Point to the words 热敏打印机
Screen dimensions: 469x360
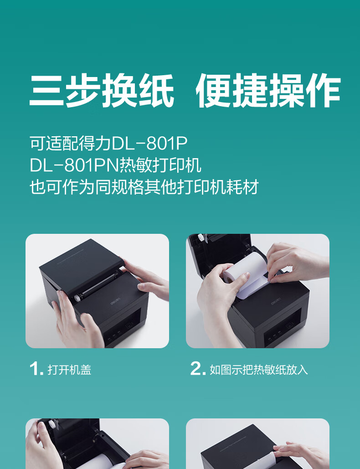pos(159,165)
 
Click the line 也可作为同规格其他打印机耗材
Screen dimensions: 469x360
pos(144,187)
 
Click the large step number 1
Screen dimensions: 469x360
pos(35,369)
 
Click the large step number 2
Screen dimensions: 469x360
pos(197,369)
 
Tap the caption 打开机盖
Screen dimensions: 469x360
pos(69,370)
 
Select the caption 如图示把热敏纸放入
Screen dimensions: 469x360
pos(258,370)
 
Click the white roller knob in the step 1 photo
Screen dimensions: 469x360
pos(77,296)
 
